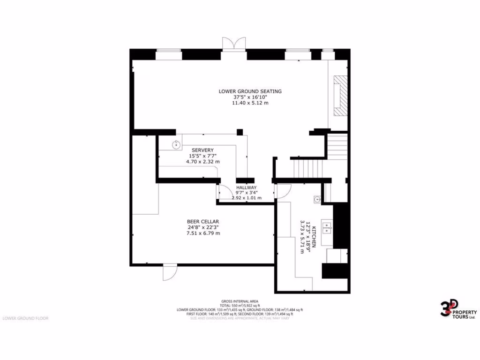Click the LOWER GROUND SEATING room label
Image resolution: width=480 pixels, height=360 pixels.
[250, 91]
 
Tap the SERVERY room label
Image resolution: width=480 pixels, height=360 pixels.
[202, 150]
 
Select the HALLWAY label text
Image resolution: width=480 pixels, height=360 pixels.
[246, 187]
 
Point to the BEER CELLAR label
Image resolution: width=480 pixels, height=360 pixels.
[203, 222]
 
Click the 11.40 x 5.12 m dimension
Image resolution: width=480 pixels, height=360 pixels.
[250, 103]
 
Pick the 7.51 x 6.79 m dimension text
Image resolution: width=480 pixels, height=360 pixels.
[203, 233]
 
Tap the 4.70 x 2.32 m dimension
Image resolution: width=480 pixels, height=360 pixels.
[202, 161]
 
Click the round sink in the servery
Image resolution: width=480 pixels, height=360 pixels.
[176, 145]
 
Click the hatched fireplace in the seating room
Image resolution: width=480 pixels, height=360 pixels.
[341, 97]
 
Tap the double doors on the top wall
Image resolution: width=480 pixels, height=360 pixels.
[233, 44]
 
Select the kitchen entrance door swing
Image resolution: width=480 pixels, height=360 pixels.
[283, 190]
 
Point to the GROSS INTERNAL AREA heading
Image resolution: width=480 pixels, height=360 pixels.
[240, 301]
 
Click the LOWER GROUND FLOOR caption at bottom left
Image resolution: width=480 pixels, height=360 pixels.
[25, 318]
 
